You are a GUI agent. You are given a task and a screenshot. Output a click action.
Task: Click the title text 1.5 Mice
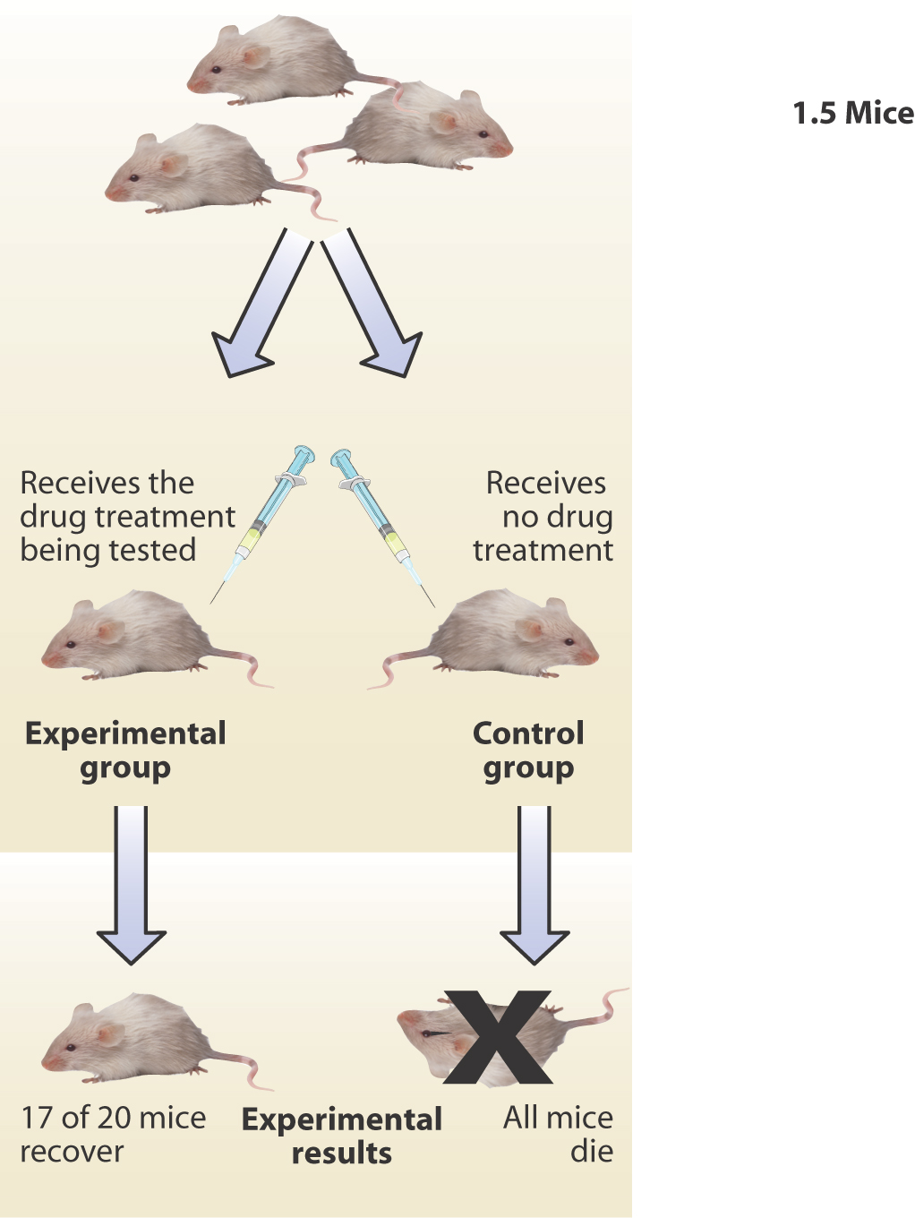[852, 114]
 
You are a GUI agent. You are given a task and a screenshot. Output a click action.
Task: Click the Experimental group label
[125, 750]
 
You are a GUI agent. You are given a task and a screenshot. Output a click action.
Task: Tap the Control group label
[528, 750]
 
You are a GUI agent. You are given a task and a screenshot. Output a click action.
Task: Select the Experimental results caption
[342, 1136]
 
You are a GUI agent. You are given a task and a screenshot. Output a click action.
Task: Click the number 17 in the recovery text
[37, 1118]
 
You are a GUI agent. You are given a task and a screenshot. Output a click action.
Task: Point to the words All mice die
[559, 1134]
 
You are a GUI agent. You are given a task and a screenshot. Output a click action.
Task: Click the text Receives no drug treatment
[544, 516]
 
